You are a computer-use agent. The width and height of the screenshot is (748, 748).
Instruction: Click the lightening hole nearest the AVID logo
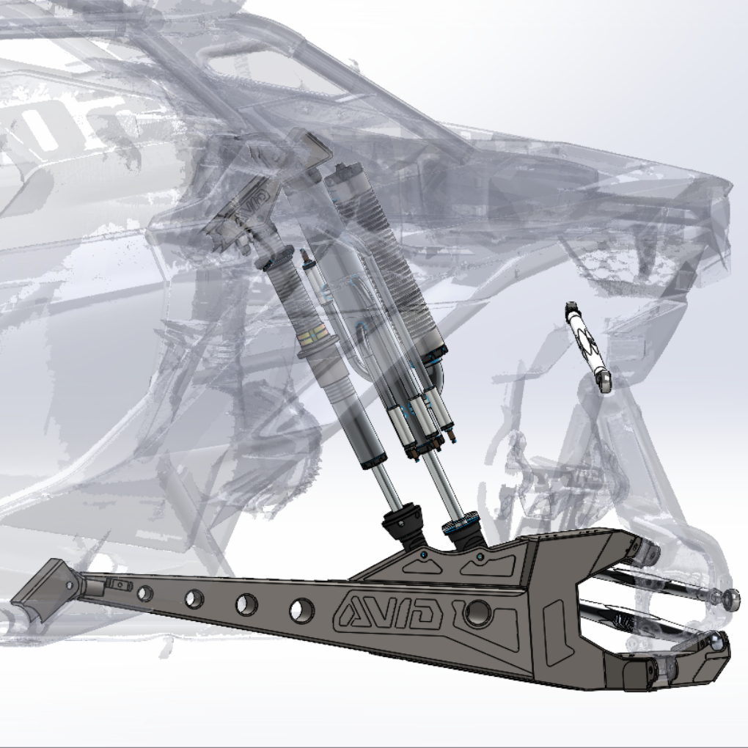tap(301, 609)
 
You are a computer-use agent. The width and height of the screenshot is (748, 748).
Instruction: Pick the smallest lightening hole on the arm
tap(144, 593)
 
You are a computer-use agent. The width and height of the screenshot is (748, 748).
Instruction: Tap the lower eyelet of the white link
tap(604, 381)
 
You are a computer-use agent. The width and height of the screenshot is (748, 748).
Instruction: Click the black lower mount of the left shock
tap(405, 524)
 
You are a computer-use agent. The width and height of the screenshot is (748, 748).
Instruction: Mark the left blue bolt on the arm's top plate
tap(426, 555)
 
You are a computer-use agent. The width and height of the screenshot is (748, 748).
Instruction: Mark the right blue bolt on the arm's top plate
tap(480, 557)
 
